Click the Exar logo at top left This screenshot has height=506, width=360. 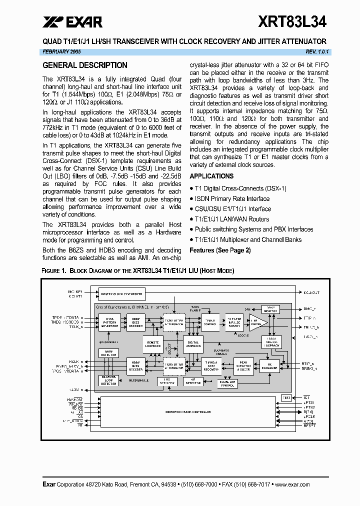[x=72, y=22]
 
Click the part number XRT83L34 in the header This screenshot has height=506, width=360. [x=292, y=22]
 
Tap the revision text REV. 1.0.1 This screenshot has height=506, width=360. [x=317, y=51]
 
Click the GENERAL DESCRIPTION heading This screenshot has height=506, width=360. [x=85, y=65]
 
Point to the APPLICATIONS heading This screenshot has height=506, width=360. [x=211, y=176]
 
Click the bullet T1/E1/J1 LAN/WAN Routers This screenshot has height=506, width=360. [x=231, y=219]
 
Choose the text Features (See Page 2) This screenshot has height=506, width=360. [x=220, y=250]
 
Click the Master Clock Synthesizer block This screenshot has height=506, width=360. [x=121, y=294]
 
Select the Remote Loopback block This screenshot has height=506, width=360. [x=152, y=343]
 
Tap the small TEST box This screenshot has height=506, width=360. [x=286, y=398]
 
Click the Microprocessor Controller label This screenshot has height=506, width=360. [x=188, y=412]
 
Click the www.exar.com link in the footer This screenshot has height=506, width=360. [x=292, y=484]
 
